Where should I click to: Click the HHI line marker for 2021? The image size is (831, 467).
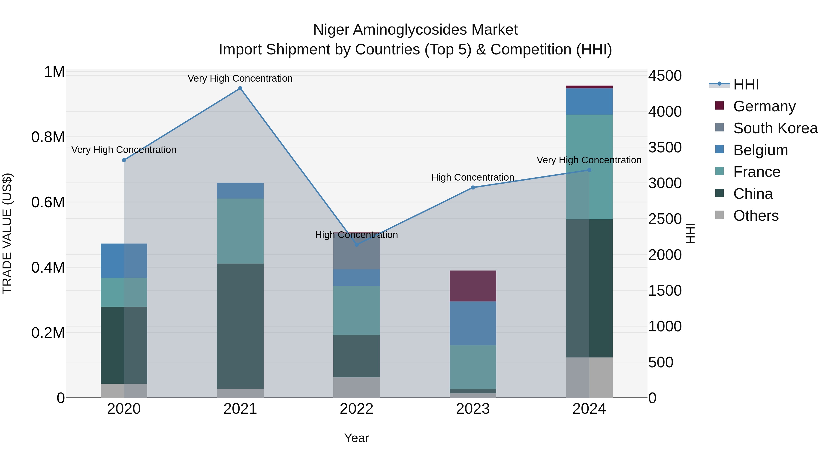[240, 88]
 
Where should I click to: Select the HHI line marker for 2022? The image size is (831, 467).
[356, 245]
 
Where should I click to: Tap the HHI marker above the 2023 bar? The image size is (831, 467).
[473, 187]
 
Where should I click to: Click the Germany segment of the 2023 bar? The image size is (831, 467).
[473, 286]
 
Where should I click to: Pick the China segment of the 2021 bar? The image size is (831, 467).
[240, 326]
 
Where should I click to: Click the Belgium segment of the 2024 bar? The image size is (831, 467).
[589, 101]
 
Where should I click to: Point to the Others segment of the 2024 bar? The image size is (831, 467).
[589, 377]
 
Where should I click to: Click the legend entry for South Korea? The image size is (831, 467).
[775, 128]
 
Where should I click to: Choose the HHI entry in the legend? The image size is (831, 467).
[746, 84]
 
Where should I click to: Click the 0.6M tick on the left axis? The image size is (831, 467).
[48, 202]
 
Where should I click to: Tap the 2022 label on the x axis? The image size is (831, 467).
[356, 409]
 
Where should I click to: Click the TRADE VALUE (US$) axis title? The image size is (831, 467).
[7, 233]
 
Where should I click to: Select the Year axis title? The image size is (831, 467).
[356, 438]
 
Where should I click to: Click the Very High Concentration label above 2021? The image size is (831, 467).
[240, 78]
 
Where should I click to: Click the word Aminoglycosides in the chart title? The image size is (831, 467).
[408, 30]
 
